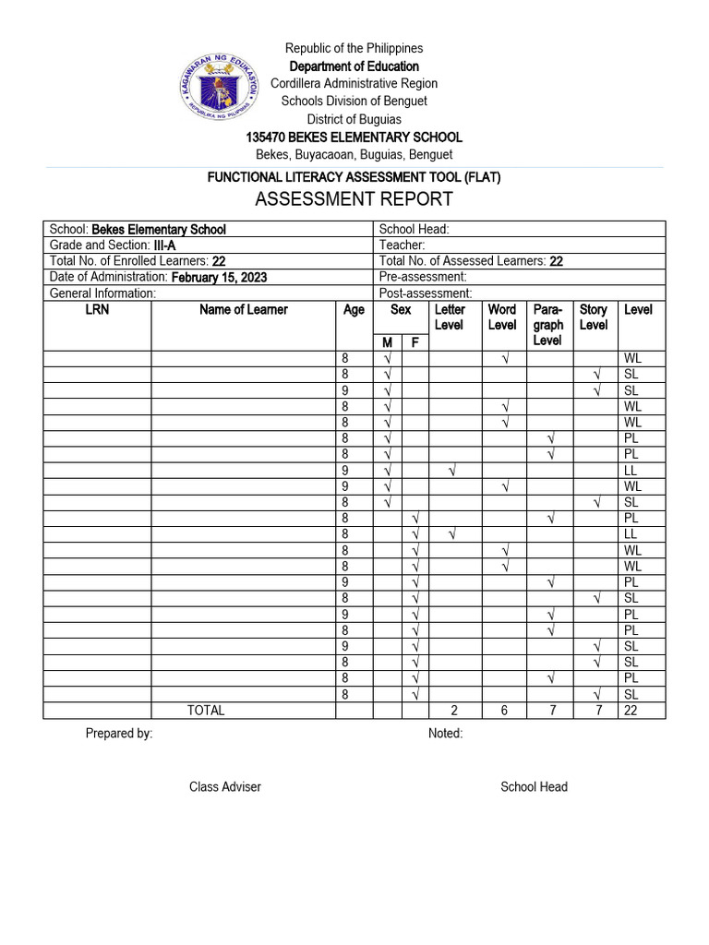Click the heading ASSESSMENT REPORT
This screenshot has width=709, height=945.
point(354,199)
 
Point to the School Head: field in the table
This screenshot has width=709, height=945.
point(415,229)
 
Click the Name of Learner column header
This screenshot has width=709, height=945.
point(244,310)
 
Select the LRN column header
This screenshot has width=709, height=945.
point(97,310)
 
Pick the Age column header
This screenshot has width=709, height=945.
point(354,310)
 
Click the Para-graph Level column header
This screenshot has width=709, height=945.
point(548,325)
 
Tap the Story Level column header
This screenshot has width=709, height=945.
point(594,317)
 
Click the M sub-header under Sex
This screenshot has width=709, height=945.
point(388,343)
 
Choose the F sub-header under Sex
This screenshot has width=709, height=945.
point(415,343)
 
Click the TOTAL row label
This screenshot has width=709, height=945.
point(206,711)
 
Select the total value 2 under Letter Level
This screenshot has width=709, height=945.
point(453,711)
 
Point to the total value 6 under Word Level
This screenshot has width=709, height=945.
point(503,711)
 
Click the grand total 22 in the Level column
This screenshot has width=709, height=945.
point(631,711)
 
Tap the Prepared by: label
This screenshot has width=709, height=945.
point(119,734)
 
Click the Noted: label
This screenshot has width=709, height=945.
point(446,734)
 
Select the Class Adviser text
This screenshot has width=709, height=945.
point(225,787)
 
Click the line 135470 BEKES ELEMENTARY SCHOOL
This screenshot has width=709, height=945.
point(354,137)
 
